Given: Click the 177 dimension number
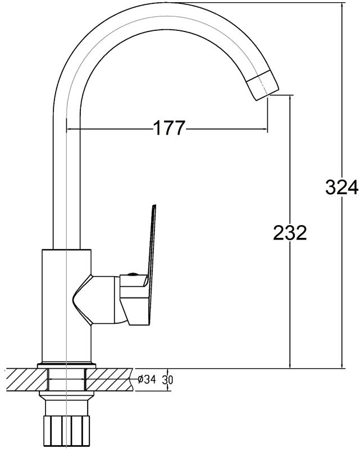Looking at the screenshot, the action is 170,128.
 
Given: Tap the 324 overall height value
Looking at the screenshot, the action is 342,187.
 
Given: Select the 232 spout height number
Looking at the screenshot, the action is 290,232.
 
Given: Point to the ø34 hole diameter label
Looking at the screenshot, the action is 147,379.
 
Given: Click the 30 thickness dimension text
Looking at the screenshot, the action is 167,380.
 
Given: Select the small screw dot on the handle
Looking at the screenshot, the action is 132,274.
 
